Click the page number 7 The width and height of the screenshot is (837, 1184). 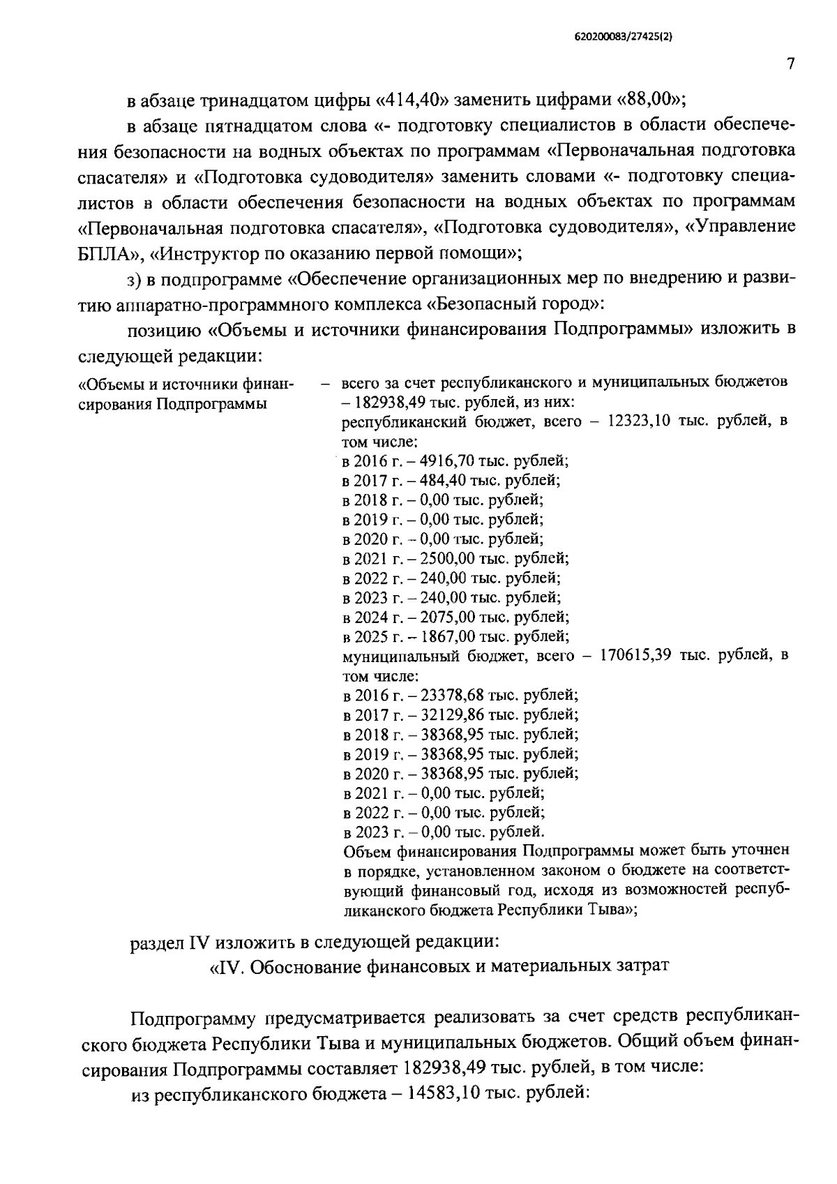pyautogui.click(x=790, y=64)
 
